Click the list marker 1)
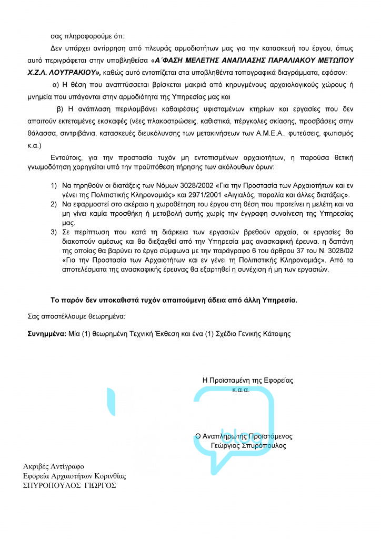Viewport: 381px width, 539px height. (54, 186)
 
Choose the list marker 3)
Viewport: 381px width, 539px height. (54, 232)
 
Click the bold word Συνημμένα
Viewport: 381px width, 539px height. (46, 334)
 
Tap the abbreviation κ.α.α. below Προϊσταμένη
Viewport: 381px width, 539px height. (241, 390)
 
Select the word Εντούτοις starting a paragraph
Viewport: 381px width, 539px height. (67, 157)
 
